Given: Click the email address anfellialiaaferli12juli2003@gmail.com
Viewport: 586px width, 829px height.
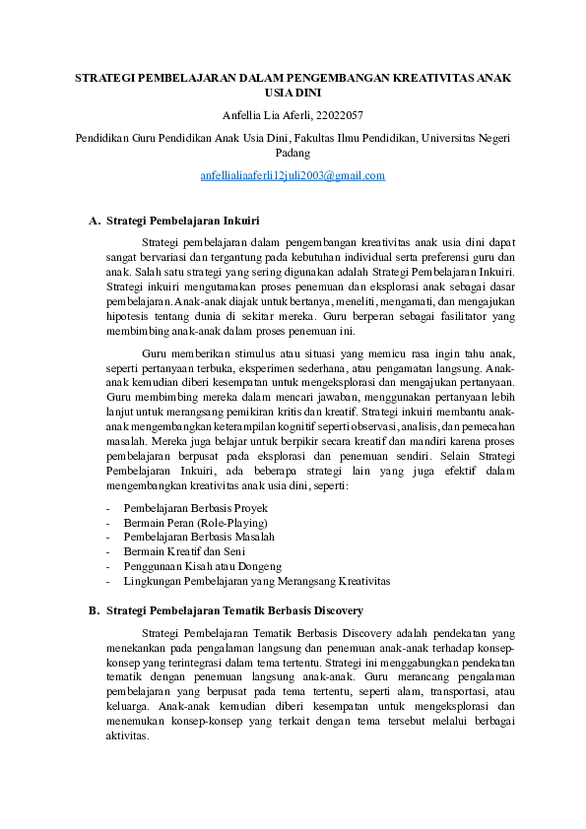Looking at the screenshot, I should coord(293,175).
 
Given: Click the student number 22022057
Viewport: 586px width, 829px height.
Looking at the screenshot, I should coord(336,115).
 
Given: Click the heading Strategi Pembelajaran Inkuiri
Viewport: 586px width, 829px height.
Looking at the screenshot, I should coord(182,221).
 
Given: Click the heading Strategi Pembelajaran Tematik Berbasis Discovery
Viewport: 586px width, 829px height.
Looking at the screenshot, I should coord(234,610).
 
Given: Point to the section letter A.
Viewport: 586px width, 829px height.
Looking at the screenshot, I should coord(94,221).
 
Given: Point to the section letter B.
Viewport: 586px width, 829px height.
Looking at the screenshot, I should coord(94,610).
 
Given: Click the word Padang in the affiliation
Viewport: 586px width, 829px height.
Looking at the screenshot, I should coord(293,154).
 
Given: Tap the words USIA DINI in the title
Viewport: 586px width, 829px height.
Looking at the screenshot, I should coord(293,93).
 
